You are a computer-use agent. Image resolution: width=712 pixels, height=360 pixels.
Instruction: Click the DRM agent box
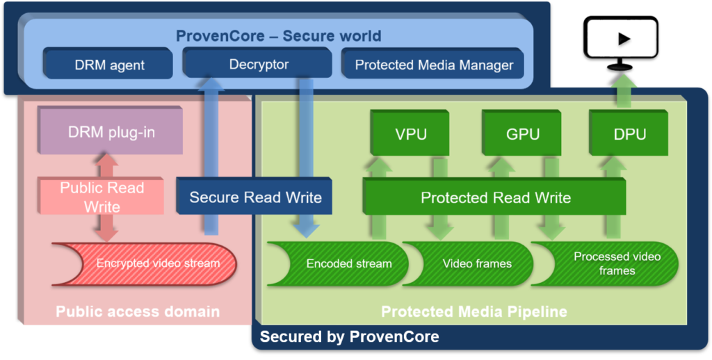point(109,65)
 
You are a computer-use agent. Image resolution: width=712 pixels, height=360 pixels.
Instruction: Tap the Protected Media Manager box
point(434,65)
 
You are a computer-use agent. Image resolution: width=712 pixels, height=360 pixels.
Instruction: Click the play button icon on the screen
point(623,39)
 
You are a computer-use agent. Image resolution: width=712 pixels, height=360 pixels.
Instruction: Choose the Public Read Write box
point(102,197)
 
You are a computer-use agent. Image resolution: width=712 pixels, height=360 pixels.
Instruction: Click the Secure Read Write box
point(255,197)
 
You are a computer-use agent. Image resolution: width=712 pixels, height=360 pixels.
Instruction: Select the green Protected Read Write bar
point(495,197)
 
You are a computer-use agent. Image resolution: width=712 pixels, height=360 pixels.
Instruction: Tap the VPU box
point(411,134)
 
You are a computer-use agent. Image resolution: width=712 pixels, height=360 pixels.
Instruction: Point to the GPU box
point(523,134)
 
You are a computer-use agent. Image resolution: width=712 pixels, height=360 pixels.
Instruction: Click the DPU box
point(630,134)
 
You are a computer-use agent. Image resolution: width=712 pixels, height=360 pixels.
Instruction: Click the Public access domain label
point(138,311)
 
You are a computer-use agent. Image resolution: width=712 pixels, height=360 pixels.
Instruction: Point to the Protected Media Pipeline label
point(474,311)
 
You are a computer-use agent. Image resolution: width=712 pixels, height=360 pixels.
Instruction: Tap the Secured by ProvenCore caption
point(349,337)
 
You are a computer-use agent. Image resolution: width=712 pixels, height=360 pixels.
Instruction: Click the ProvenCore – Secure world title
point(278,35)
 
